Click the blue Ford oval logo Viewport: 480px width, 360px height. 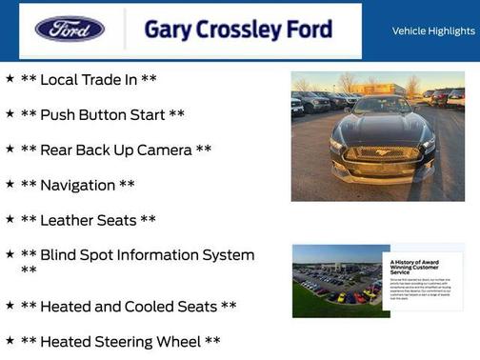click(70, 29)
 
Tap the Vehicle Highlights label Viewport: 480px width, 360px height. click(433, 30)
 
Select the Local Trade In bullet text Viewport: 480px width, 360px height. click(89, 79)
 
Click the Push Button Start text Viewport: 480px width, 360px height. click(103, 114)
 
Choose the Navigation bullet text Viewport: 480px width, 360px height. click(78, 185)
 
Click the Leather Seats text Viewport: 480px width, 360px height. click(89, 220)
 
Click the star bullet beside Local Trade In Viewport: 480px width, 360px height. click(10, 78)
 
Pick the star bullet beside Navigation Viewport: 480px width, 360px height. click(10, 184)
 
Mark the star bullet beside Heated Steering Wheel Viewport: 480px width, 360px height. click(10, 340)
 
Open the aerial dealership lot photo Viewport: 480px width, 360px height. click(336, 280)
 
